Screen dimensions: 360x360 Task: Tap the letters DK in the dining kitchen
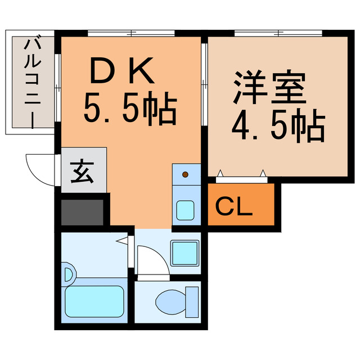pyautogui.click(x=122, y=71)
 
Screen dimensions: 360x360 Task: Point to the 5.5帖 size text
pyautogui.click(x=130, y=108)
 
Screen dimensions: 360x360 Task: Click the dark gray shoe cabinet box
pyautogui.click(x=82, y=212)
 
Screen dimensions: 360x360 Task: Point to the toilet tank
pyautogui.click(x=193, y=302)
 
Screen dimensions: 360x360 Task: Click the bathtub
pyautogui.click(x=94, y=301)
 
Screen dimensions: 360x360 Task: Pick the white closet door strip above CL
pyautogui.click(x=241, y=178)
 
